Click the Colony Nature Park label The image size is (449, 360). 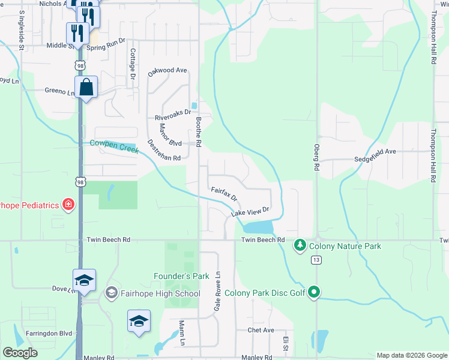pyautogui.click(x=345, y=246)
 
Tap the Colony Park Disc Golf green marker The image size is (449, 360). pyautogui.click(x=313, y=293)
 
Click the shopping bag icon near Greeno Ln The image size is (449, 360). pyautogui.click(x=86, y=88)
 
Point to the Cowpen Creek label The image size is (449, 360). pyautogui.click(x=114, y=146)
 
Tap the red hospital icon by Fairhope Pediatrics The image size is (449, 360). pyautogui.click(x=69, y=205)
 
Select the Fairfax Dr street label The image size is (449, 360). pyautogui.click(x=224, y=194)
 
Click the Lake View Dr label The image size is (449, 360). pyautogui.click(x=249, y=211)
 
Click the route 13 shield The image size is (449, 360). pyautogui.click(x=316, y=260)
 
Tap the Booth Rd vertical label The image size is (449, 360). pyautogui.click(x=199, y=132)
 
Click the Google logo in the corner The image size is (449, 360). pyautogui.click(x=20, y=352)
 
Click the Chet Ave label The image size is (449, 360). pyautogui.click(x=261, y=330)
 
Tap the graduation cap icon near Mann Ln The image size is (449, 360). pyautogui.click(x=139, y=321)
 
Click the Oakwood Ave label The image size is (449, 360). pyautogui.click(x=168, y=70)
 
